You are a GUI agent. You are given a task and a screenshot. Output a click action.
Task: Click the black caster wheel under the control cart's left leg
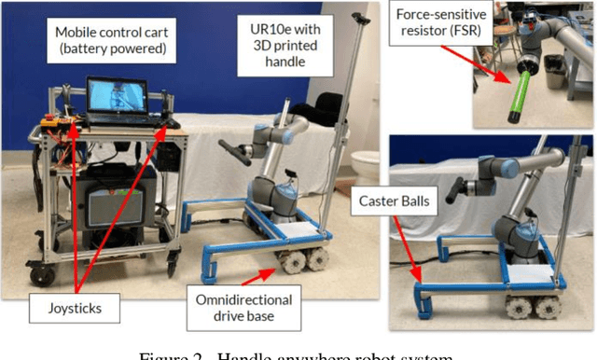point(41,275)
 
